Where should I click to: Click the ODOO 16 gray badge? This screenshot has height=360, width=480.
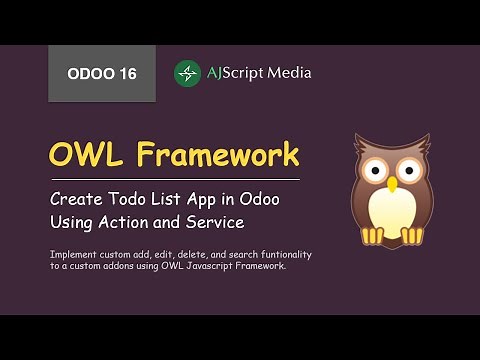point(102,73)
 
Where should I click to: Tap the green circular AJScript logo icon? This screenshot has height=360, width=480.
point(188,73)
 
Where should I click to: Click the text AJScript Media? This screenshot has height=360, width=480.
point(258,73)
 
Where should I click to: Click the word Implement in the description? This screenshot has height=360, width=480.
point(71,254)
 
